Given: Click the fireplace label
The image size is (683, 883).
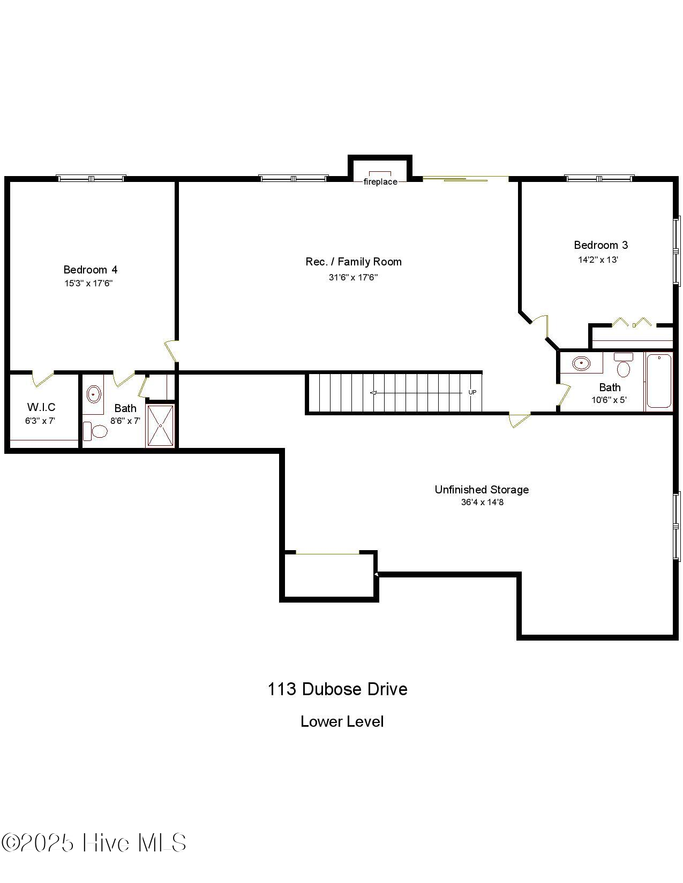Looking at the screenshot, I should click(380, 182).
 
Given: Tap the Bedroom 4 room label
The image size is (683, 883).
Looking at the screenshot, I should click(90, 270).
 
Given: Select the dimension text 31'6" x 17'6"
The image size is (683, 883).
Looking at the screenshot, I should click(354, 277).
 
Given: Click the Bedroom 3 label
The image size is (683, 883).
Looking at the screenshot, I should click(601, 245).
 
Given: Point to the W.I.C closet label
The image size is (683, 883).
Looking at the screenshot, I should click(41, 407).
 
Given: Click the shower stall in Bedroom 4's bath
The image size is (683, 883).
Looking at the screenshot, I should click(160, 425).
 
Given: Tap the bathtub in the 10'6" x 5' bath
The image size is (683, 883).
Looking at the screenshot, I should click(658, 380).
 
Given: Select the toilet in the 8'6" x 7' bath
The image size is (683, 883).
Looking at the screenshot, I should click(96, 431).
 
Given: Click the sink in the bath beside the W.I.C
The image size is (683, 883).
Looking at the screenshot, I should click(94, 394).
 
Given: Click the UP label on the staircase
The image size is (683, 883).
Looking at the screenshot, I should click(472, 392).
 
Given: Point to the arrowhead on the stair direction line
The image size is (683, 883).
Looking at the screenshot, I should click(373, 393).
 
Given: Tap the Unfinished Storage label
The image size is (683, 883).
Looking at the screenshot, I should click(482, 490).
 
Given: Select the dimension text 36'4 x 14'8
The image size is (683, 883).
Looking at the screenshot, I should click(482, 503).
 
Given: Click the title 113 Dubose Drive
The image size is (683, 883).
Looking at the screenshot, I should click(337, 689).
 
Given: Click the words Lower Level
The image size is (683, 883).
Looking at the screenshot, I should click(342, 721).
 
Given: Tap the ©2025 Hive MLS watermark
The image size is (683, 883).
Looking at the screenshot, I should click(94, 843).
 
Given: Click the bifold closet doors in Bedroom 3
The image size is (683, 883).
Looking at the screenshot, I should click(633, 323).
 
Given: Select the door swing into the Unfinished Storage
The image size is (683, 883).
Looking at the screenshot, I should click(519, 420).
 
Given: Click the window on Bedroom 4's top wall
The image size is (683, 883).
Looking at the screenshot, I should click(91, 178).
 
